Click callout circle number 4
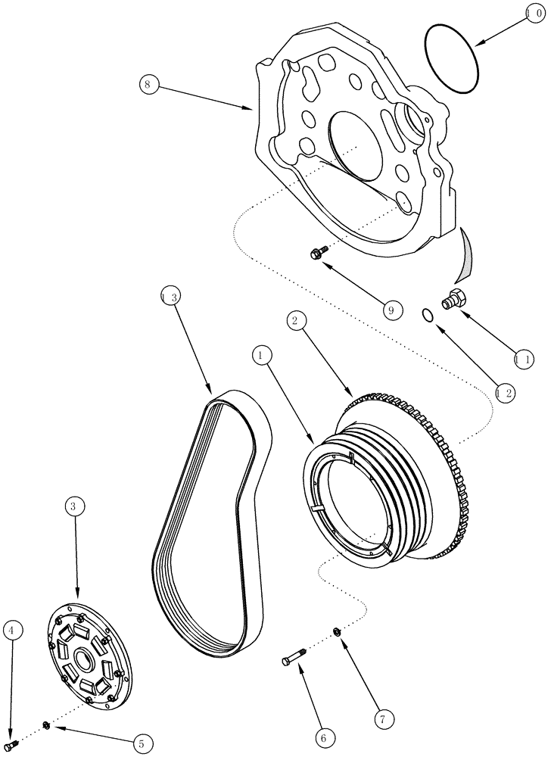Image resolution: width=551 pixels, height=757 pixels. pos(13,630)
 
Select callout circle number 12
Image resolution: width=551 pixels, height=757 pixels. pos(505,393)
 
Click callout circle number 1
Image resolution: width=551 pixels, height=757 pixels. pos(262,354)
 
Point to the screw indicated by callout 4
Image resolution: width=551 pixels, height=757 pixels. pos(11,747)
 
